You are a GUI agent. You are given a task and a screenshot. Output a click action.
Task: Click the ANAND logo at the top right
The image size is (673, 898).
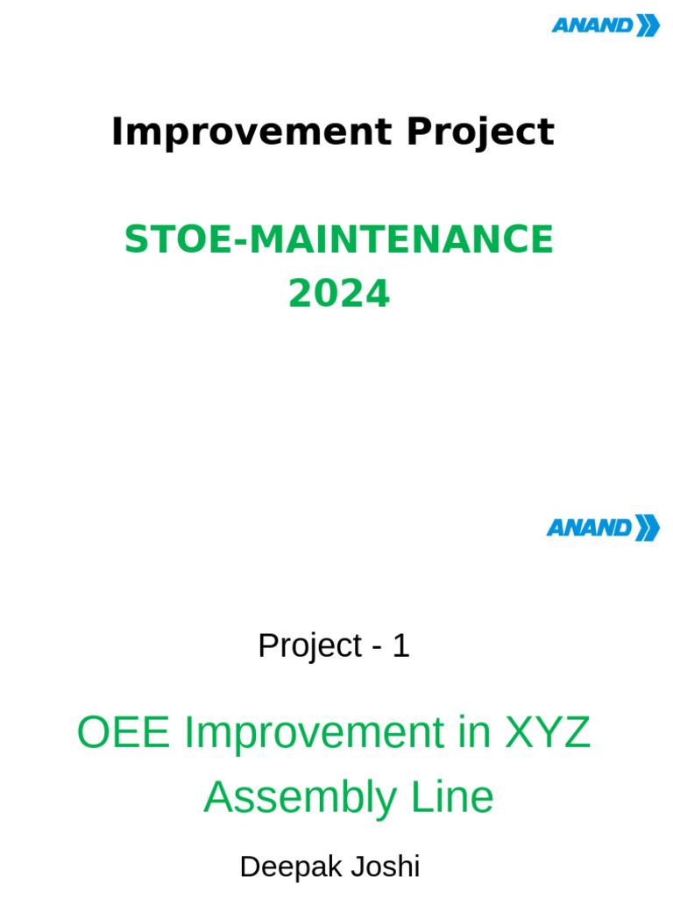[x=605, y=25]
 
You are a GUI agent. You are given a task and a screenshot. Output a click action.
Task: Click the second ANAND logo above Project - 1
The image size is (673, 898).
[x=602, y=527]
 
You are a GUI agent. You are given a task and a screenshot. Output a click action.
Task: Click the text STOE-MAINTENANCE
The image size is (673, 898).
[x=338, y=239]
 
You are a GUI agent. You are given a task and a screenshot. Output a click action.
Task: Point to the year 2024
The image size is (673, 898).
[x=338, y=295]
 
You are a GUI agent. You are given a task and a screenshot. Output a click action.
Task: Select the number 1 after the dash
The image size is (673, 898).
[x=400, y=646]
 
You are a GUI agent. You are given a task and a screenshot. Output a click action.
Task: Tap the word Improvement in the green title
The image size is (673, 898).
[x=314, y=732]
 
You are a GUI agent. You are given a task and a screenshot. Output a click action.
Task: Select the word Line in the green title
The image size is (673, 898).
[x=458, y=798]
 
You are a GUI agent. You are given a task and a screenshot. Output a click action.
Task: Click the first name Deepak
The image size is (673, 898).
[x=290, y=867]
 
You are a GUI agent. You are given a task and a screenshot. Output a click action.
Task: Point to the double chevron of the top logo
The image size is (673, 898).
[x=648, y=25]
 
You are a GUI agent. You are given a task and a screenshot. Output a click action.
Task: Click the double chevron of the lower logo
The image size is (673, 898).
[x=647, y=527]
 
